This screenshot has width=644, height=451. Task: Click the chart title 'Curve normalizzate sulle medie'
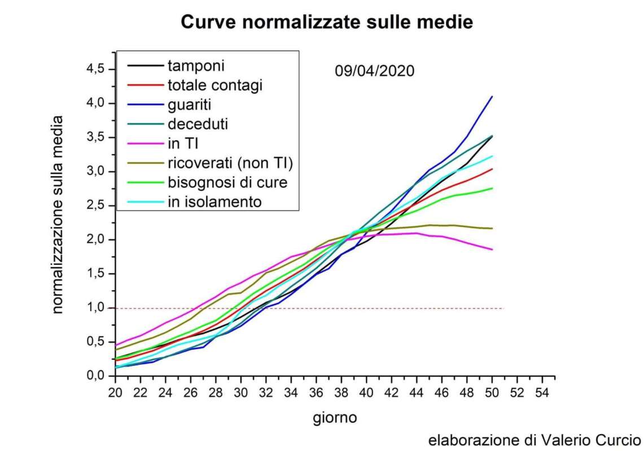tap(326, 22)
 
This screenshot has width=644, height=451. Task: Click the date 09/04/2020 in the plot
tap(374, 72)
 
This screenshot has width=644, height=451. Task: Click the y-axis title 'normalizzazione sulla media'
tap(58, 215)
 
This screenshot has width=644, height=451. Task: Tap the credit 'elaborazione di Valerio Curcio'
tap(535, 439)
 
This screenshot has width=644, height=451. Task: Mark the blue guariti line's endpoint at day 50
tap(492, 96)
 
